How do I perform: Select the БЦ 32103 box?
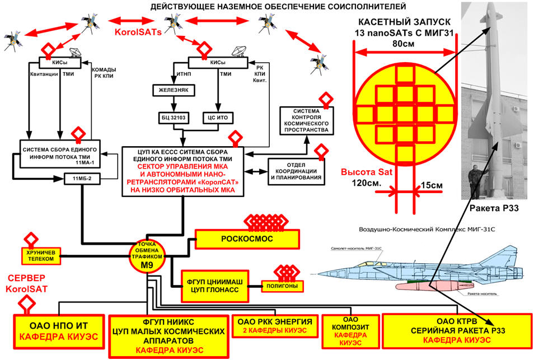pyautogui.click(x=175, y=118)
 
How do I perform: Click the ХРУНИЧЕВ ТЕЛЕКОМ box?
pyautogui.click(x=41, y=255)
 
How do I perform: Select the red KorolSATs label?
pyautogui.click(x=138, y=32)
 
